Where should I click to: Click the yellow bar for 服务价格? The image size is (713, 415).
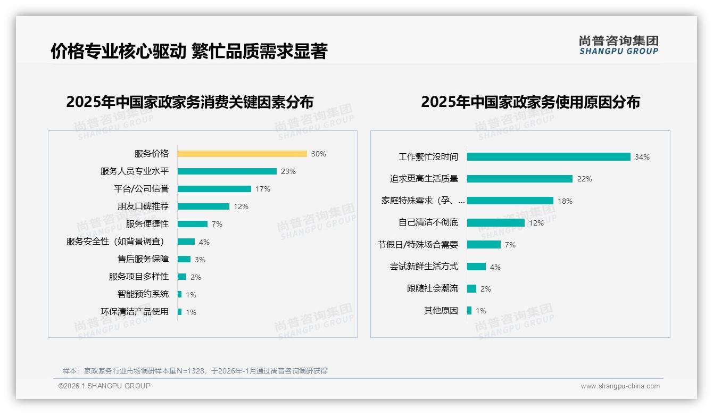click(242, 154)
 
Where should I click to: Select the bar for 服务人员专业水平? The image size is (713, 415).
click(227, 171)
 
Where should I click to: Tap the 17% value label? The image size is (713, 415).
click(263, 189)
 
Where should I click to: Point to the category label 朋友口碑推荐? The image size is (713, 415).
click(143, 206)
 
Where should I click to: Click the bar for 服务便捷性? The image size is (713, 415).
click(193, 224)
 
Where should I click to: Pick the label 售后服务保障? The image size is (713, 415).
click(143, 259)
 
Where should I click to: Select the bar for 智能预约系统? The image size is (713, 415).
click(180, 294)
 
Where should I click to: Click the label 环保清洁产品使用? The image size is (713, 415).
click(135, 312)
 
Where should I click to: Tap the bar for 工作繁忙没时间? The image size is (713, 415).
click(549, 157)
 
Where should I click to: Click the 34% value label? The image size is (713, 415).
click(642, 157)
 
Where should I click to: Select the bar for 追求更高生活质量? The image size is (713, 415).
click(520, 179)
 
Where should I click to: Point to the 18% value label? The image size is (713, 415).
click(565, 201)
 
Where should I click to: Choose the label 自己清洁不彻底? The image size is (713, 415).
click(428, 222)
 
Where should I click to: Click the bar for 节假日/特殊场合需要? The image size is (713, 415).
click(484, 245)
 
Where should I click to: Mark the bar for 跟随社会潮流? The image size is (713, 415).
click(472, 288)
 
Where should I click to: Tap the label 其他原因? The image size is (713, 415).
click(441, 311)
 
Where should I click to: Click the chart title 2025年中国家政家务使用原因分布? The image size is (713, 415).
click(530, 102)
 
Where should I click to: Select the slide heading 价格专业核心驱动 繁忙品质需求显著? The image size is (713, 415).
click(189, 51)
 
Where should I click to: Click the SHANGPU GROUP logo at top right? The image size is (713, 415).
click(619, 45)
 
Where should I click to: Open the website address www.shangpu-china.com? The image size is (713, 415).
click(620, 386)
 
